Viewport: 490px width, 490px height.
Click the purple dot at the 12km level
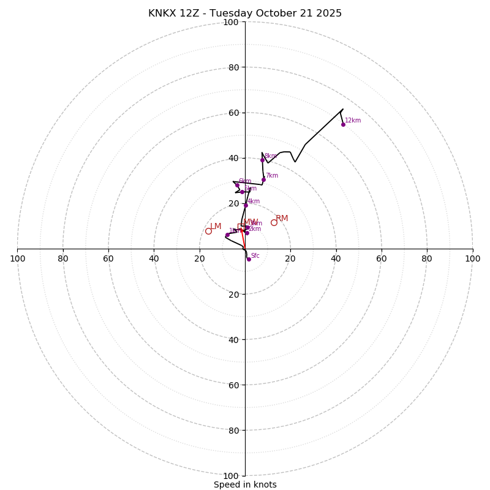[343, 124]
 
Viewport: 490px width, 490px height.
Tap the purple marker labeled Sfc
[249, 259]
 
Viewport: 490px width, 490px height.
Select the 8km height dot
[262, 160]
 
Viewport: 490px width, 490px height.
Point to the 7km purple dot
[263, 179]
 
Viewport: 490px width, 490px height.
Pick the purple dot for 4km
[246, 205]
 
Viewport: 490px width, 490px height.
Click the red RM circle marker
[274, 222]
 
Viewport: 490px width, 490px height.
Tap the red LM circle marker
[208, 231]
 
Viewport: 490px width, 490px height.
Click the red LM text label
[216, 227]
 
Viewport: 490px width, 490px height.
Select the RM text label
[282, 219]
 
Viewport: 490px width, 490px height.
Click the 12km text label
[353, 121]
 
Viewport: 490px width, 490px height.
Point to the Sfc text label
[255, 256]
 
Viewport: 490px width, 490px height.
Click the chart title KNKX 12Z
[245, 13]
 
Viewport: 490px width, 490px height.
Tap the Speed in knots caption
[245, 484]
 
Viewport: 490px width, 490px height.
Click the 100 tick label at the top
[231, 23]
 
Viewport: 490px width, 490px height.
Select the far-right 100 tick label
[472, 258]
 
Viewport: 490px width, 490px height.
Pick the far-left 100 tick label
[18, 258]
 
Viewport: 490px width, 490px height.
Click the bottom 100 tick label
[231, 476]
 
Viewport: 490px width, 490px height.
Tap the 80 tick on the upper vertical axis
[233, 67]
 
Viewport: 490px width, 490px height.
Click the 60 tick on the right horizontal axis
[382, 258]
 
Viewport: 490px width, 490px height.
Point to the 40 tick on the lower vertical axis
[233, 340]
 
